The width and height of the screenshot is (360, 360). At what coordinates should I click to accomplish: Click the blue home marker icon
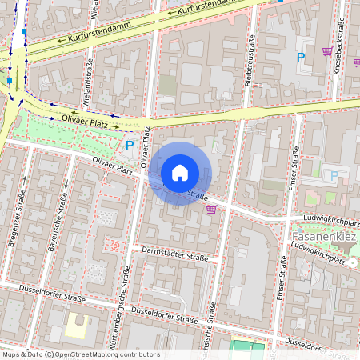[180, 173]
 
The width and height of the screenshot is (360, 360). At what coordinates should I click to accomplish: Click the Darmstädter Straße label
[174, 254]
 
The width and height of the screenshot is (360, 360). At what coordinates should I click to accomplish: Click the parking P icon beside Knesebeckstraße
[301, 58]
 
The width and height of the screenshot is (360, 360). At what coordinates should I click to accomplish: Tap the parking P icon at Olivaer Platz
[130, 146]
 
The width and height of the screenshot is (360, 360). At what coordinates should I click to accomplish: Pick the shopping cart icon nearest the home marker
[211, 210]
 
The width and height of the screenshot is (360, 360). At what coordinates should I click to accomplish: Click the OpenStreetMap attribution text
[80, 354]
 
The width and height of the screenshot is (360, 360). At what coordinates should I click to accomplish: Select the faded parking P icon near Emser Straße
[334, 175]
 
